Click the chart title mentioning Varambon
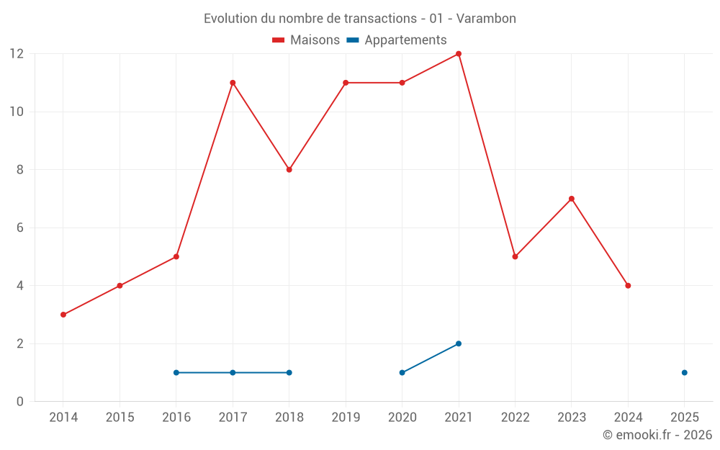pos(359,19)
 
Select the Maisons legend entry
pos(306,40)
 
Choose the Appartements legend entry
pos(397,40)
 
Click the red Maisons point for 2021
pos(459,54)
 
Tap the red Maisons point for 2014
pos(63,315)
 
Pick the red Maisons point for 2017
pos(233,83)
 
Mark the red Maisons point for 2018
pos(289,170)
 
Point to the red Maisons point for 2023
pos(572,199)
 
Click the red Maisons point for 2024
pos(628,286)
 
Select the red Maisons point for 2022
pos(515,256)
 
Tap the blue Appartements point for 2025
pos(684,372)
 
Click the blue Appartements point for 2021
pos(459,343)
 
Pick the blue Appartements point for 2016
pos(176,372)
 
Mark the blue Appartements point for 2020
pos(402,372)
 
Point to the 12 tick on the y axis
pos(17,54)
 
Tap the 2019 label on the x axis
pos(346,418)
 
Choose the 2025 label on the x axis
pos(684,418)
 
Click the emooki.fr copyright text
pos(657,435)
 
